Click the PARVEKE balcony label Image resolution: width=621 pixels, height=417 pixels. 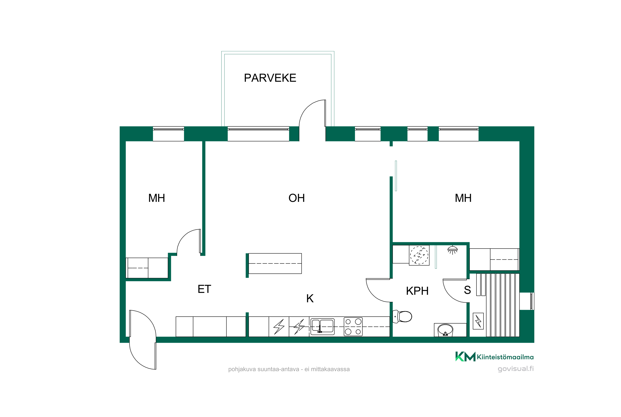(x=270, y=78)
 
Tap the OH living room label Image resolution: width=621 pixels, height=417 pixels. (x=296, y=198)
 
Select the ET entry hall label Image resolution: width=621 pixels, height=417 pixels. (x=204, y=289)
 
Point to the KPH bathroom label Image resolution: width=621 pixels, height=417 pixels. (x=417, y=291)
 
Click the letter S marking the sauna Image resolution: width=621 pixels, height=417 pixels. (x=467, y=290)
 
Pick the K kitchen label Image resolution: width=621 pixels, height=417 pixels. (x=310, y=298)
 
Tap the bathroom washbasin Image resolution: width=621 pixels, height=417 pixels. (x=445, y=330)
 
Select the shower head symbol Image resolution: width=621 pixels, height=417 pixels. (x=453, y=250)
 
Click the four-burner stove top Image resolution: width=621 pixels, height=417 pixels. (x=353, y=327)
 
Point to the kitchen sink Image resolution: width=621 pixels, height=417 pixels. (x=323, y=326)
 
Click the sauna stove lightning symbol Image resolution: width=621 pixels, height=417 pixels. (x=478, y=321)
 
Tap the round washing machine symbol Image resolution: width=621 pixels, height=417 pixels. (x=419, y=255)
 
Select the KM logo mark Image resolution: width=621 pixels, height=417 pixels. (x=465, y=356)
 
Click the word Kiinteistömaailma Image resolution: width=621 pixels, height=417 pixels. (x=505, y=357)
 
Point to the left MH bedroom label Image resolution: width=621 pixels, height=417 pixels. (x=156, y=198)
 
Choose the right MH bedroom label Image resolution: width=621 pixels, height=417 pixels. (x=463, y=198)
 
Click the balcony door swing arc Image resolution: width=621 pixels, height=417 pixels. (x=307, y=107)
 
